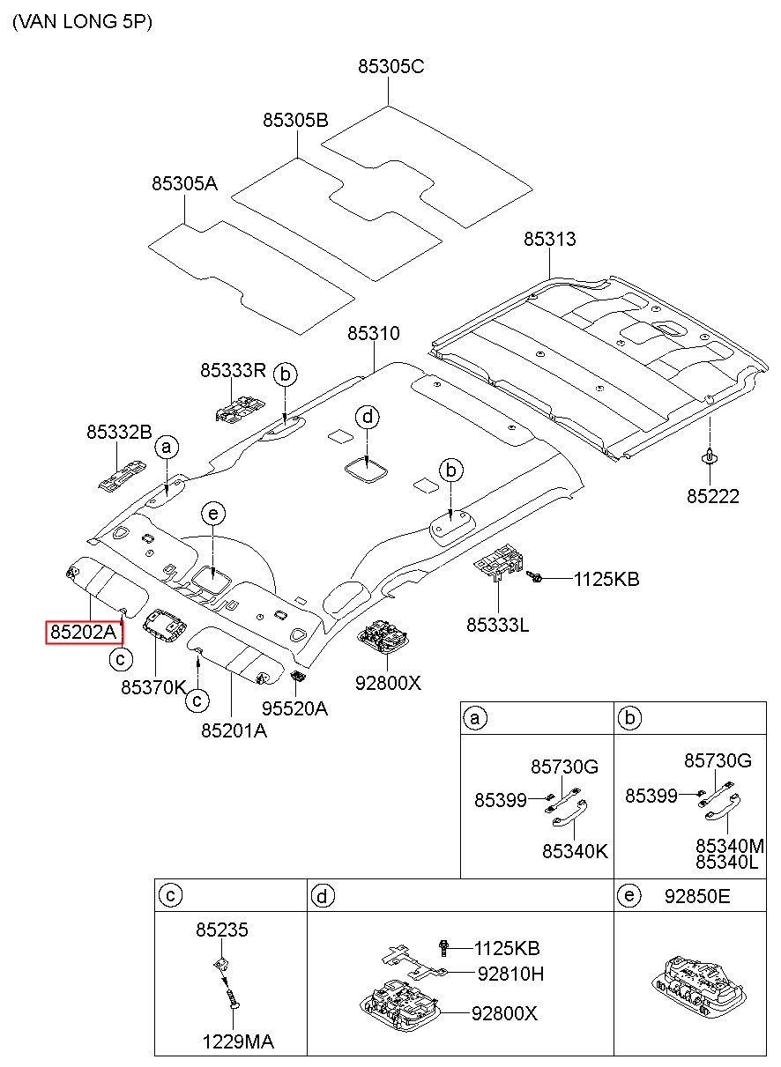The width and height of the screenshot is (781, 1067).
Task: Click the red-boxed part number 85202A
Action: point(84,632)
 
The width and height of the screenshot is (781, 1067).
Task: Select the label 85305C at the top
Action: point(390,66)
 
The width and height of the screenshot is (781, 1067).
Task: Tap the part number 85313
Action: point(549,239)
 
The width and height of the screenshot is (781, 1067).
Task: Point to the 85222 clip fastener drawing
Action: point(710,456)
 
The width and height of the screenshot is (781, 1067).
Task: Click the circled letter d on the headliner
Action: point(368,418)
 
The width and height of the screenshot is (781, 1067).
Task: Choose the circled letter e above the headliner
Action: point(213,514)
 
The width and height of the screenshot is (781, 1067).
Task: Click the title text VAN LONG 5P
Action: point(83,22)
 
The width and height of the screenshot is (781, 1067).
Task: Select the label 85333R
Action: point(233,370)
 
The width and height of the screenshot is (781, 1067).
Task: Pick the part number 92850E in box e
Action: point(696,896)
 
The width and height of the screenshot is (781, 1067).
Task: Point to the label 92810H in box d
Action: point(510,974)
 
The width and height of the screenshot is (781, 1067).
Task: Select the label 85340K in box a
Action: point(575,851)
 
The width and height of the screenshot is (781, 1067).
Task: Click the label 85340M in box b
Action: point(730,846)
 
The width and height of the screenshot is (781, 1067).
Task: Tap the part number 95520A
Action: point(294,708)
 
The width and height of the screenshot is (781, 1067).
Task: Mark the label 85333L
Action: point(497,625)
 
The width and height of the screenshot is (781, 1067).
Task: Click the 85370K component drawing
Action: point(165,626)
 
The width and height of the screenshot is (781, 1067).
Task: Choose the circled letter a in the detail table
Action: point(474,718)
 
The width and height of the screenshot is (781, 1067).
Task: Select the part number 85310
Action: point(374,333)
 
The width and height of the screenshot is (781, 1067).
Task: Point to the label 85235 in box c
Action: point(222,930)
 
